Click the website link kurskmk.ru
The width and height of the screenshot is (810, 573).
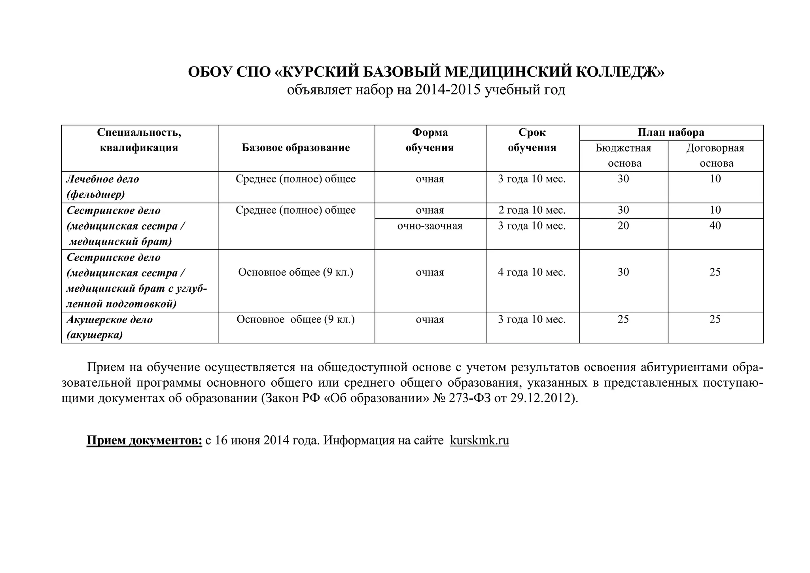(479, 440)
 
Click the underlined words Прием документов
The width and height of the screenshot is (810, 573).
(144, 440)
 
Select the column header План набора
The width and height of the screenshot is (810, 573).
(671, 133)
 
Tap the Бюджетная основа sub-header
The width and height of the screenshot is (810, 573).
(623, 156)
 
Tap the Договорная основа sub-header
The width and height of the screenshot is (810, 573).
(715, 156)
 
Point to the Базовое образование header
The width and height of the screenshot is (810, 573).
(296, 148)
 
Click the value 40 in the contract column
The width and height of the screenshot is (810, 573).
(715, 226)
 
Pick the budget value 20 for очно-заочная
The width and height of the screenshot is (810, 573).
(623, 226)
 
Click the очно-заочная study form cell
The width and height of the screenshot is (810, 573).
(430, 226)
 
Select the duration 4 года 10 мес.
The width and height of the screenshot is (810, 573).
(532, 273)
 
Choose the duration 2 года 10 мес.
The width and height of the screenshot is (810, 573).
(532, 210)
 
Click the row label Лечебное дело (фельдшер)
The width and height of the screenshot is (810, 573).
(103, 187)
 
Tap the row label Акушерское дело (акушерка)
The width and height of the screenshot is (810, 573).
(109, 327)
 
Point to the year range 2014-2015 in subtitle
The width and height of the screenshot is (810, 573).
(448, 90)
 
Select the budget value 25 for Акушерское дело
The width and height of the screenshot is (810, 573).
(623, 319)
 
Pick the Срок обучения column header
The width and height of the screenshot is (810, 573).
(532, 140)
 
